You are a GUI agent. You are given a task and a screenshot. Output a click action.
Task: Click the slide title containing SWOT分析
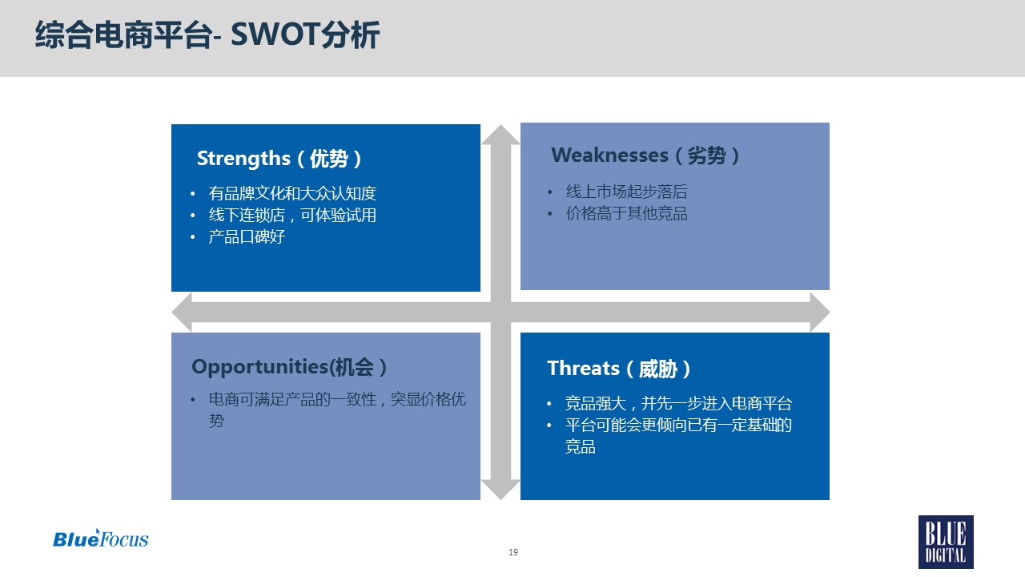tap(207, 34)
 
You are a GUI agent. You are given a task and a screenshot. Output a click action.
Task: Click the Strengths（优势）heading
tap(279, 159)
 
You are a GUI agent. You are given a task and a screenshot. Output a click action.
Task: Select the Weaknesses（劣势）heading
tap(645, 155)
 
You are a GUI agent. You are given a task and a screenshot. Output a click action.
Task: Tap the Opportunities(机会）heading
tap(289, 367)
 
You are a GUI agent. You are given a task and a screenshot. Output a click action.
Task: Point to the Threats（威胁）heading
tap(619, 369)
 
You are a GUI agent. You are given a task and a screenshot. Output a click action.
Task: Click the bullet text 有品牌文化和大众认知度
tap(292, 193)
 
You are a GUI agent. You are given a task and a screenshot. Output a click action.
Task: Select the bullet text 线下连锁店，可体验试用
tap(292, 216)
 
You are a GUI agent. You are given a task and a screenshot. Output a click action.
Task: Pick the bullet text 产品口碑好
tap(247, 236)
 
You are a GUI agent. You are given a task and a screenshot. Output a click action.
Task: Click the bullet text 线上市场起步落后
tap(626, 192)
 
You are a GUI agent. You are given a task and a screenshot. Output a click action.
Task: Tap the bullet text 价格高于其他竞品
tap(626, 213)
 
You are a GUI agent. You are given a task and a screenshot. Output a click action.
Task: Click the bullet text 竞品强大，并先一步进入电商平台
tap(678, 403)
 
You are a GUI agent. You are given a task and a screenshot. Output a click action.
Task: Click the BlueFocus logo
tap(101, 539)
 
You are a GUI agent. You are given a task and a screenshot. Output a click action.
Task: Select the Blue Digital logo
tap(946, 543)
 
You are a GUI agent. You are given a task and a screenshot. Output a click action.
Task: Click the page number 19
tap(513, 552)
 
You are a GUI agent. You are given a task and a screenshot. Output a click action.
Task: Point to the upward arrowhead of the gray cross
tap(500, 135)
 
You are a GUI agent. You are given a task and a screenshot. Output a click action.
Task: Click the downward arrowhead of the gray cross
tap(500, 490)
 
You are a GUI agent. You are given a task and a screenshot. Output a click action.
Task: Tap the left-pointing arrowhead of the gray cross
tap(182, 313)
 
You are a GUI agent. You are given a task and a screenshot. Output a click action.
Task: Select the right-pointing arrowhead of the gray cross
tap(819, 313)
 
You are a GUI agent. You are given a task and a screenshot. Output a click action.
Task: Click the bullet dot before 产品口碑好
tap(193, 237)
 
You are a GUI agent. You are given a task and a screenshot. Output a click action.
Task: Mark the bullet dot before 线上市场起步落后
tap(550, 192)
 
